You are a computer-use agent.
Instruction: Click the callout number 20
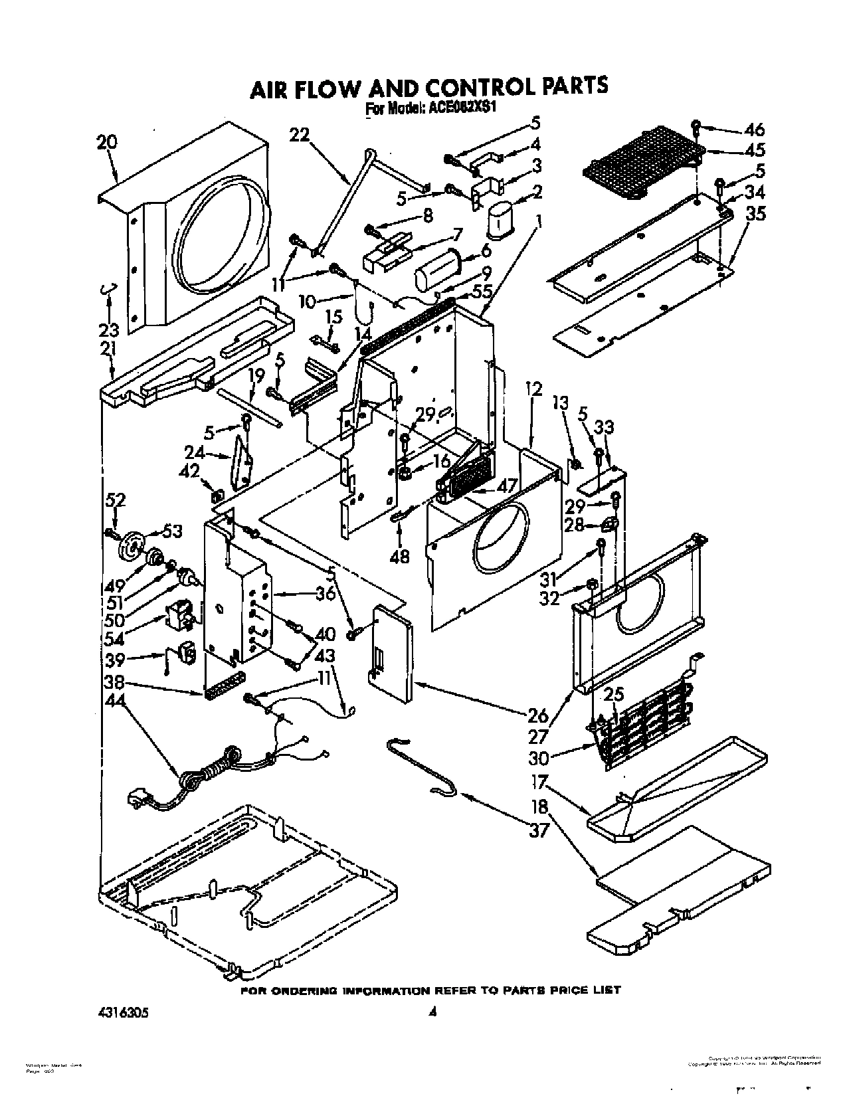pos(106,141)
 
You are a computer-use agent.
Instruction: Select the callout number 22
pos(300,135)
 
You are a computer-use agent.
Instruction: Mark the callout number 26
pos(538,715)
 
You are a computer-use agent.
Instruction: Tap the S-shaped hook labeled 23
pos(108,288)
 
